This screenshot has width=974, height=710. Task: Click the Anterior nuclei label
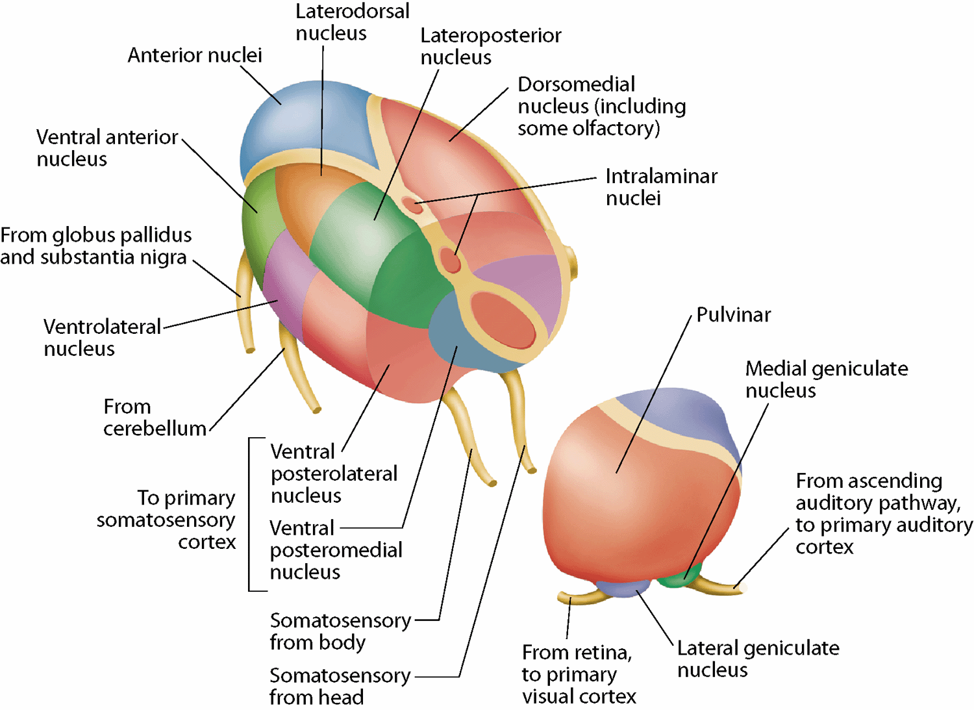[195, 56]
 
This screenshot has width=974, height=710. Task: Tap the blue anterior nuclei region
[292, 123]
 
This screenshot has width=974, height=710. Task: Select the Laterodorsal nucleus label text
[352, 22]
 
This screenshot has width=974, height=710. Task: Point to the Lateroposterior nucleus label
[490, 46]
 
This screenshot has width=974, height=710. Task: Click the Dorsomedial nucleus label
[601, 106]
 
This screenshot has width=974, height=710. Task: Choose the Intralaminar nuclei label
[661, 186]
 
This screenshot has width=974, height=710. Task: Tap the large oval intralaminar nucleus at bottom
[504, 319]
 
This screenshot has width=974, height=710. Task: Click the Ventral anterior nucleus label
[107, 147]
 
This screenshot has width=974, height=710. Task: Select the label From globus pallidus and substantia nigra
[96, 246]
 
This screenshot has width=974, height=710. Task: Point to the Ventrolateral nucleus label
[102, 337]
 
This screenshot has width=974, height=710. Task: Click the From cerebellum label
[155, 418]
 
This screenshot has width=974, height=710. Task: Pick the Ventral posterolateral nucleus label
[334, 473]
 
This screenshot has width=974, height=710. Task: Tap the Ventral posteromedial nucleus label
[336, 550]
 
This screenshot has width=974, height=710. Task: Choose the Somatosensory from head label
[340, 686]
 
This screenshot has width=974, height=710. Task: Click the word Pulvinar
[733, 315]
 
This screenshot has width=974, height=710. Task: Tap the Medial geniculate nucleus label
[826, 379]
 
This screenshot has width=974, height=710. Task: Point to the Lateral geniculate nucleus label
[758, 659]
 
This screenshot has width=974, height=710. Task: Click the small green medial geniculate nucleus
[682, 576]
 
